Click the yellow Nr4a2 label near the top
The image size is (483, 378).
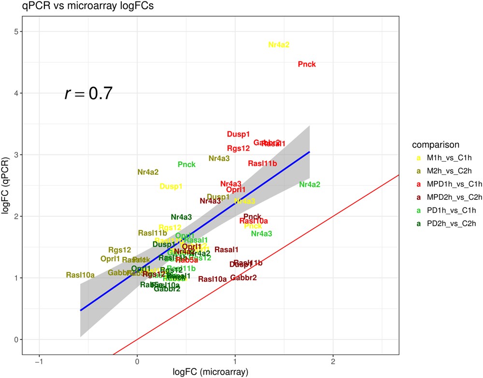pyautogui.click(x=279, y=45)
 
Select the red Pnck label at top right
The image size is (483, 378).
pyautogui.click(x=307, y=64)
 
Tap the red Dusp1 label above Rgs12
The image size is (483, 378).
pyautogui.click(x=239, y=134)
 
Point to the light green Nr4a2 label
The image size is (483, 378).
pyautogui.click(x=310, y=184)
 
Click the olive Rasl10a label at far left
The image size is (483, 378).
pyautogui.click(x=80, y=275)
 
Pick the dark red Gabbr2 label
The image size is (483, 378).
pyautogui.click(x=243, y=278)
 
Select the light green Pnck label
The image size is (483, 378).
pyautogui.click(x=186, y=165)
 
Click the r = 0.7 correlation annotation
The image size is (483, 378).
pyautogui.click(x=88, y=94)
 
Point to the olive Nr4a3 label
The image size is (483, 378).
pyautogui.click(x=219, y=158)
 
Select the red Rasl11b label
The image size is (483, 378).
pyautogui.click(x=262, y=164)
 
